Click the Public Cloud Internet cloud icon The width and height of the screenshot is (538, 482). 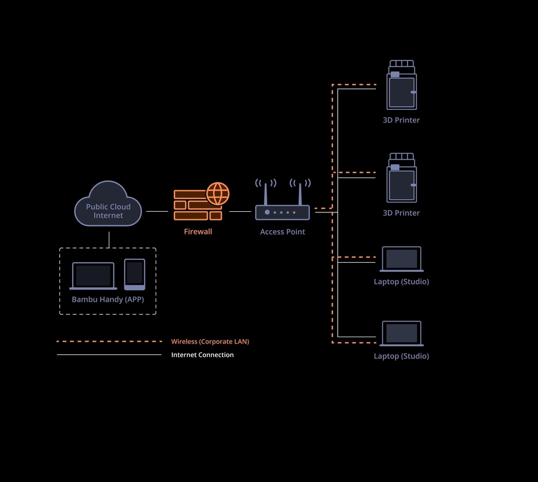tap(108, 205)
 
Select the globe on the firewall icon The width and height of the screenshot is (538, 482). tap(217, 193)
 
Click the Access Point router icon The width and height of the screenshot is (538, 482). tap(282, 212)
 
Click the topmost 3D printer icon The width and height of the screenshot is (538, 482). tap(401, 86)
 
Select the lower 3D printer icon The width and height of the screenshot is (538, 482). tap(401, 179)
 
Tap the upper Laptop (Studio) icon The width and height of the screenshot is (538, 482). tap(401, 259)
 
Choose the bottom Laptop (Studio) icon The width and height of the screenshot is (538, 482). tap(401, 333)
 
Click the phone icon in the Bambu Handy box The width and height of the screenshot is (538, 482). tap(134, 274)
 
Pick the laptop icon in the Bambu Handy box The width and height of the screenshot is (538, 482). tap(93, 276)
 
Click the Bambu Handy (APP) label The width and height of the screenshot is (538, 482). tap(108, 299)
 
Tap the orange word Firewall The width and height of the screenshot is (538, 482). tap(198, 232)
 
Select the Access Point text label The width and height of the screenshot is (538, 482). tap(282, 232)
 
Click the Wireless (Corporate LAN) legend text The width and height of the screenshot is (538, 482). tap(210, 342)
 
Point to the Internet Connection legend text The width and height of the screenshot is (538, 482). tap(203, 355)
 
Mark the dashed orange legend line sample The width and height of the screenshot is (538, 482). tap(109, 342)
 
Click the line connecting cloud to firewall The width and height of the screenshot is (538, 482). tap(157, 211)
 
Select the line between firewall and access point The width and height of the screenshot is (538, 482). tap(240, 211)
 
